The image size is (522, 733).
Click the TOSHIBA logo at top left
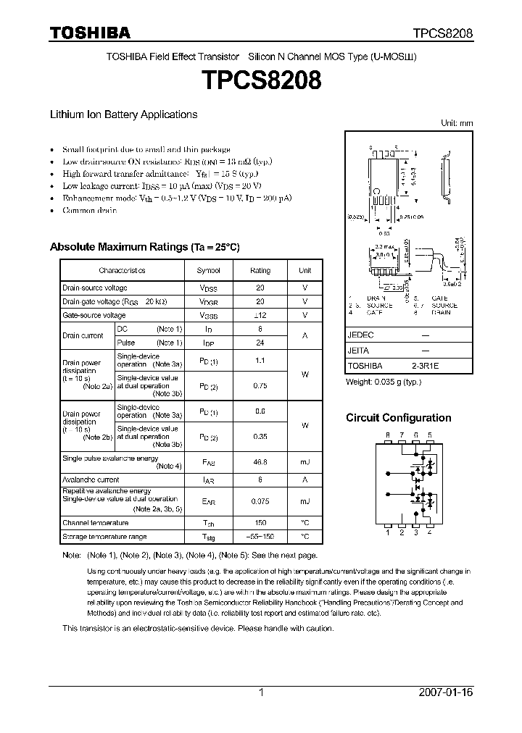[90, 33]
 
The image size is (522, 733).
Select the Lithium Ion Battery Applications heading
[123, 114]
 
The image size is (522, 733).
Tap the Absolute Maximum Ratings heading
[144, 247]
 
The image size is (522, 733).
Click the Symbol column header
[208, 270]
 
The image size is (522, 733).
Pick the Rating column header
[260, 270]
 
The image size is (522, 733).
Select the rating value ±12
[260, 315]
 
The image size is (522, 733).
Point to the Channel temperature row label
[95, 522]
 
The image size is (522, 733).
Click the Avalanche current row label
[91, 479]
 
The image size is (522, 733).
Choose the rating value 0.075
[260, 501]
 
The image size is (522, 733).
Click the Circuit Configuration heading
[398, 418]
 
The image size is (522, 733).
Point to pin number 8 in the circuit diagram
[388, 435]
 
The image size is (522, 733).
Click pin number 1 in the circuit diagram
[388, 532]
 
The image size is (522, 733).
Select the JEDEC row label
[360, 336]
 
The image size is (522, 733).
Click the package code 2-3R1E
[425, 366]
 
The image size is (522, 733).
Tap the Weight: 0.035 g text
[384, 381]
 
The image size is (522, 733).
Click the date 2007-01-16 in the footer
[446, 692]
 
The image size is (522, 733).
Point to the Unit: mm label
[457, 124]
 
